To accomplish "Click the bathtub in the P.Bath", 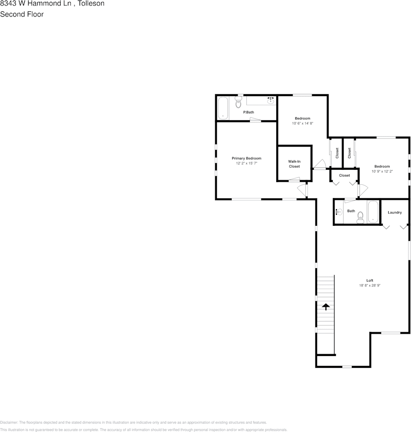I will [x=223, y=108].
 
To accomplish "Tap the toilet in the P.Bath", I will [x=238, y=103].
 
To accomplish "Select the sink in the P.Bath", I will [x=270, y=100].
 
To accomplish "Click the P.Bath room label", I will [x=249, y=112].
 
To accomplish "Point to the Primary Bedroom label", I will [x=246, y=158].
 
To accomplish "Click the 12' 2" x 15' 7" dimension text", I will [x=246, y=163].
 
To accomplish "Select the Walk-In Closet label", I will [x=294, y=164].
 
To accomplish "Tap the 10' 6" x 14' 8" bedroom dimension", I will [x=302, y=123].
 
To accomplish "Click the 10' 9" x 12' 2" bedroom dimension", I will [x=382, y=172].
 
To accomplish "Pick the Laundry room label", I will [x=395, y=213].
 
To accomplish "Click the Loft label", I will [x=370, y=280].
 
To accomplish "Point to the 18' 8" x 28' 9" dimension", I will [x=370, y=285].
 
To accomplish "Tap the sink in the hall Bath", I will [x=338, y=211].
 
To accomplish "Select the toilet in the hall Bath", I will [x=360, y=217].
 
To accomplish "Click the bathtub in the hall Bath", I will [x=373, y=212].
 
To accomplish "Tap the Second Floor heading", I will [x=22, y=14].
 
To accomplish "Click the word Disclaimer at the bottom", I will [x=9, y=423].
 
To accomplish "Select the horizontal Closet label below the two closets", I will [x=344, y=175].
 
